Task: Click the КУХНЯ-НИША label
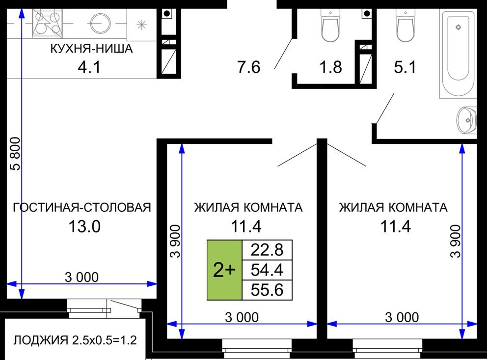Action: (x=91, y=49)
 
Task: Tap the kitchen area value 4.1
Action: (x=89, y=67)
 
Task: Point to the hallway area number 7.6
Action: (x=249, y=67)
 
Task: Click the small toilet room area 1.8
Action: (x=331, y=67)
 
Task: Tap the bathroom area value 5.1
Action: (x=405, y=67)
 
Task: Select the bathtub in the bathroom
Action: (x=458, y=54)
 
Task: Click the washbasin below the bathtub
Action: (x=466, y=120)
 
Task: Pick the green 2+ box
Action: (x=224, y=270)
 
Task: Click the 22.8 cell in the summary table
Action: (x=267, y=250)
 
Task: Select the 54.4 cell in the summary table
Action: (x=267, y=270)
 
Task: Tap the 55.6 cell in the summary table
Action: (x=267, y=290)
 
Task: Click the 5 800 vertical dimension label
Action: (x=15, y=154)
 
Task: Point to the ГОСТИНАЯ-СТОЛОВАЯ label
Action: (x=82, y=207)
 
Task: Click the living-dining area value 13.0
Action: (x=84, y=226)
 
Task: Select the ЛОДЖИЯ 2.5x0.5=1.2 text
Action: (x=75, y=340)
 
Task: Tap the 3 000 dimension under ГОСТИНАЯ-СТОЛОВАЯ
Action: (x=81, y=277)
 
